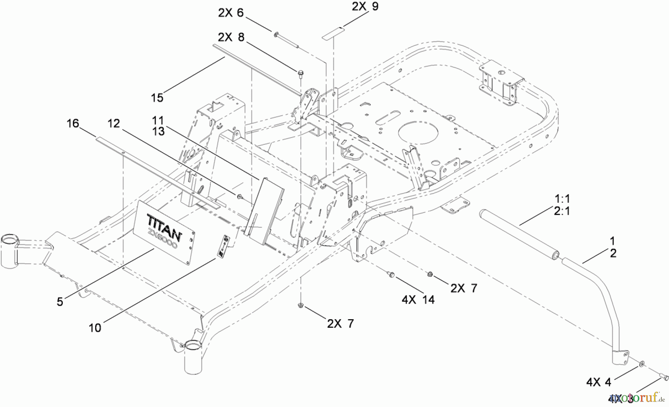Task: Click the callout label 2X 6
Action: coord(230,13)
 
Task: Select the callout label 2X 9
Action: coord(365,6)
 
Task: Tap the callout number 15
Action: coord(157,98)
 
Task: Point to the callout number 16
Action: coord(73,124)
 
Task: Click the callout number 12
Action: coord(114,124)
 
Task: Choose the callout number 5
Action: coord(60,302)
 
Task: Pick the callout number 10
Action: coord(95,328)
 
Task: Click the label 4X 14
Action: coord(418,299)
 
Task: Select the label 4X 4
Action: coord(599,382)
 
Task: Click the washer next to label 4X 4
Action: coord(642,363)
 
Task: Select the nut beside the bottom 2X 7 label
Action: coord(301,306)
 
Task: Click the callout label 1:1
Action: coord(562,198)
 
